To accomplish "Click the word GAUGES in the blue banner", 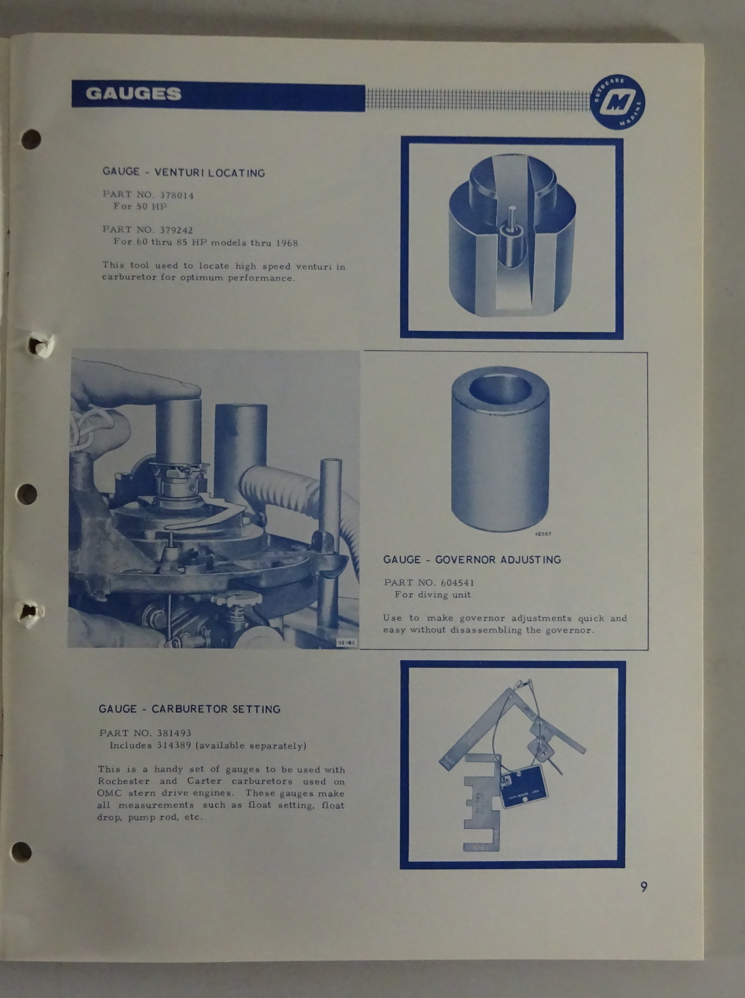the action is click(x=134, y=94).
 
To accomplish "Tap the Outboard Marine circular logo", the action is click(x=617, y=102).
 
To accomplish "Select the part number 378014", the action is click(x=177, y=195).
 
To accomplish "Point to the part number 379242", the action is click(x=176, y=230).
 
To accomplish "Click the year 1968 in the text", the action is click(x=287, y=243).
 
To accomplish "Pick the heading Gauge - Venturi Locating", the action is click(x=183, y=172).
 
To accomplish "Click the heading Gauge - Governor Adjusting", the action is click(x=472, y=560).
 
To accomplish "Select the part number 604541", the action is click(x=457, y=583).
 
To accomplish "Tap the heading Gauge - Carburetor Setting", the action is click(x=190, y=709).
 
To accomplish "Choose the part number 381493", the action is click(x=174, y=733).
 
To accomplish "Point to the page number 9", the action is click(x=643, y=886).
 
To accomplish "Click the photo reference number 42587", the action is click(x=543, y=534).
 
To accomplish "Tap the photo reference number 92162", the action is click(x=347, y=642).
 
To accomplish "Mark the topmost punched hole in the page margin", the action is click(x=31, y=139).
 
